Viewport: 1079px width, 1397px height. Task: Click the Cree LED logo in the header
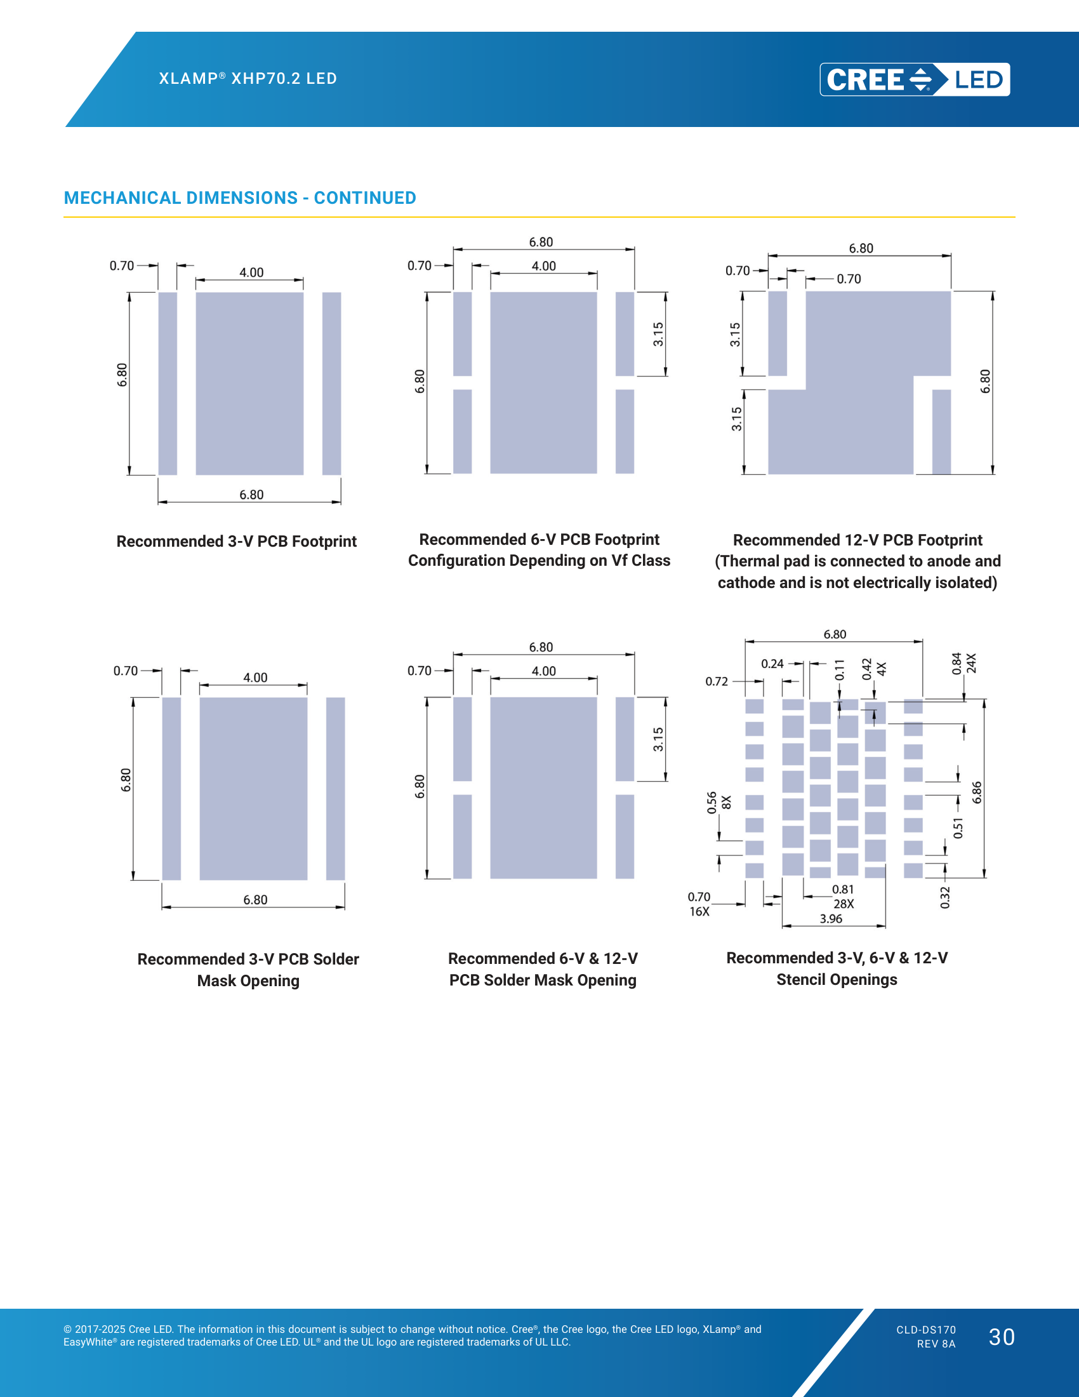915,79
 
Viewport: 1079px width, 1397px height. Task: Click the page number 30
1002,1337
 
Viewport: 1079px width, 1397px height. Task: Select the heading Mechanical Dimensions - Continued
240,197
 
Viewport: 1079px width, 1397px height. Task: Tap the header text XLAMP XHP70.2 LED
248,79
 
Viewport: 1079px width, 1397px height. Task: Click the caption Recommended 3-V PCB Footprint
237,541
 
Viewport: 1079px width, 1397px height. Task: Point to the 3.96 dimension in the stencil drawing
831,919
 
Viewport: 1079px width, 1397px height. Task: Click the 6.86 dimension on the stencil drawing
977,792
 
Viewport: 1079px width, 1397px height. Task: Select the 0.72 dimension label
717,681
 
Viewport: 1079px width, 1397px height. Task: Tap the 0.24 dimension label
772,664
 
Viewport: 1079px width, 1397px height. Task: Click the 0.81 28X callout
843,896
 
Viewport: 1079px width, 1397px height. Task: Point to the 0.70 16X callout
699,904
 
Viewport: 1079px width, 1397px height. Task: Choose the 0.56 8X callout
718,802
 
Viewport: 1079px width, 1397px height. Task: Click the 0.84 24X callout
963,664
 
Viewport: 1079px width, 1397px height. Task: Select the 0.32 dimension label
946,897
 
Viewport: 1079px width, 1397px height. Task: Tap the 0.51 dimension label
958,827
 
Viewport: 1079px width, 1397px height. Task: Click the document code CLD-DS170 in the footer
926,1330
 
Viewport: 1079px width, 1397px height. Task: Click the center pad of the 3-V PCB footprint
249,383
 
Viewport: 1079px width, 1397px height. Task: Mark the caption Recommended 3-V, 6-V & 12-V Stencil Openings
837,968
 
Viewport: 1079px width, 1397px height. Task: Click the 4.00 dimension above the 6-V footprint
544,266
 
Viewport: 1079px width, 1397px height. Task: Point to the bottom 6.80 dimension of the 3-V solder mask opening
255,900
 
